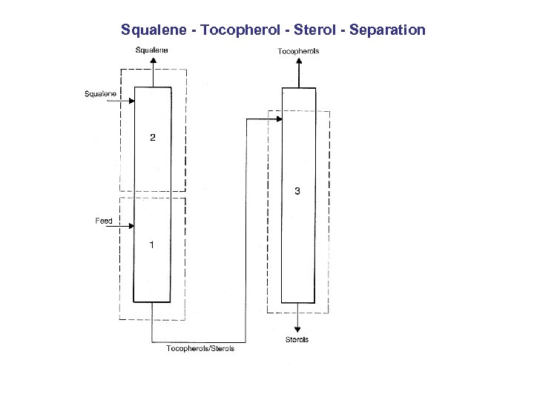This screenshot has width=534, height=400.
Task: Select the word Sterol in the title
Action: coord(315,30)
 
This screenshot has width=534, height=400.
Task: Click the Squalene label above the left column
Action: coord(151,50)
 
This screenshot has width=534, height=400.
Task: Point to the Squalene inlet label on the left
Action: coord(100,93)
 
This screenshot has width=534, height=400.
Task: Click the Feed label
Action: coord(104,221)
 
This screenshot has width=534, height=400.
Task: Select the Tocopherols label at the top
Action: coord(298,51)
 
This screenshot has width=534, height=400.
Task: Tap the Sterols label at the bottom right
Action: coord(297,340)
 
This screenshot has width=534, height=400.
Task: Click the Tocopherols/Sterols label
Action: coord(200,348)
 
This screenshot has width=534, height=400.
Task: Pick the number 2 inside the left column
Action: coord(153,138)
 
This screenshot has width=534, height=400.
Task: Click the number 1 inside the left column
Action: coord(152,244)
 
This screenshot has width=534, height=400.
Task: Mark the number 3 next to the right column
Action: coord(297,191)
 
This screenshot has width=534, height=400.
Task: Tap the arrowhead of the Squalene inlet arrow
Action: coord(131,103)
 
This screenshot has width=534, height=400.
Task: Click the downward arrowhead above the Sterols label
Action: coord(297,329)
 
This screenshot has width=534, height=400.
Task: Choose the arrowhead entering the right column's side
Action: coord(279,119)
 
